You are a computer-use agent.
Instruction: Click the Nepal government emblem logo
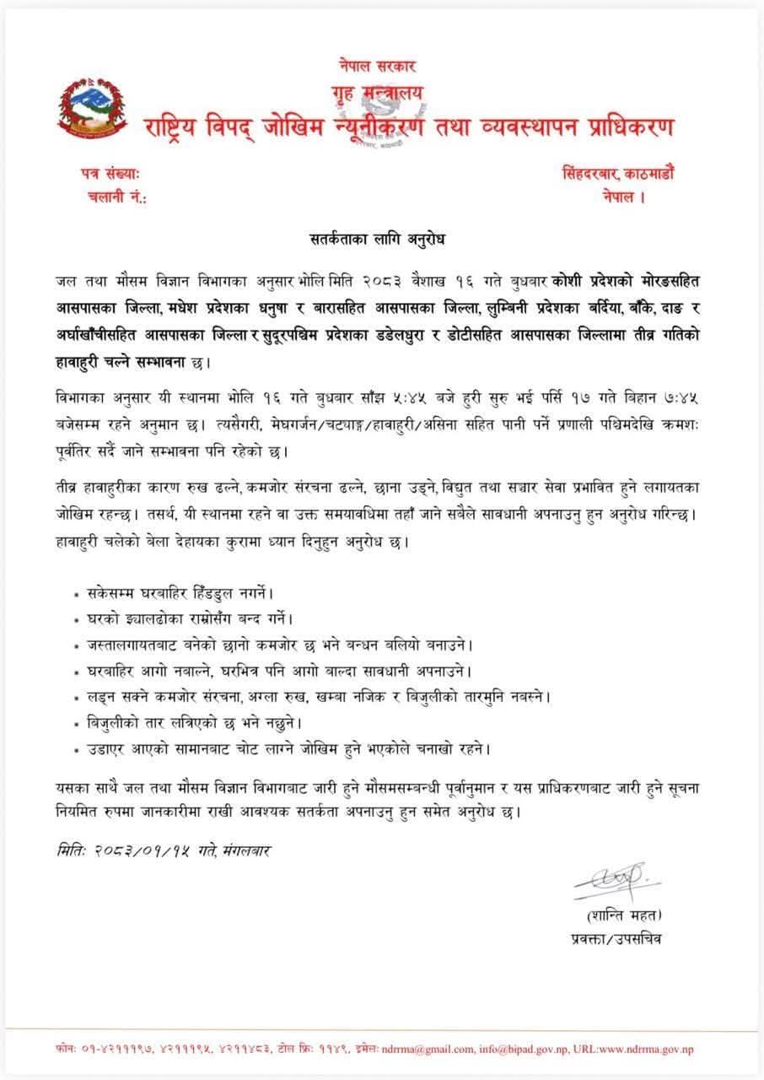click(x=90, y=107)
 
